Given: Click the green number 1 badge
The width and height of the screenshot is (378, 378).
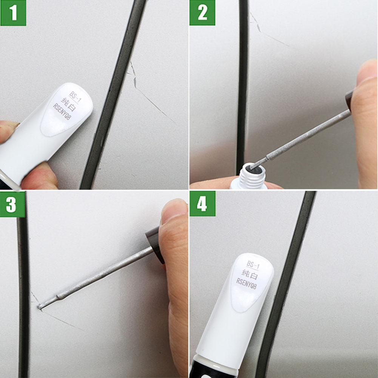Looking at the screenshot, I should tap(13, 13).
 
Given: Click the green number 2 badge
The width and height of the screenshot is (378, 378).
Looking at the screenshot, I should tap(202, 13).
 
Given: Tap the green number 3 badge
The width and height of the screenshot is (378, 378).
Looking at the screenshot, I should tap(12, 204).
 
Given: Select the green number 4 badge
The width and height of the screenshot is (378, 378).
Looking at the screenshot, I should tap(202, 204).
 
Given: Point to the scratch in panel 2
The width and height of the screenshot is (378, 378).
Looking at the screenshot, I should tap(264, 32).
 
